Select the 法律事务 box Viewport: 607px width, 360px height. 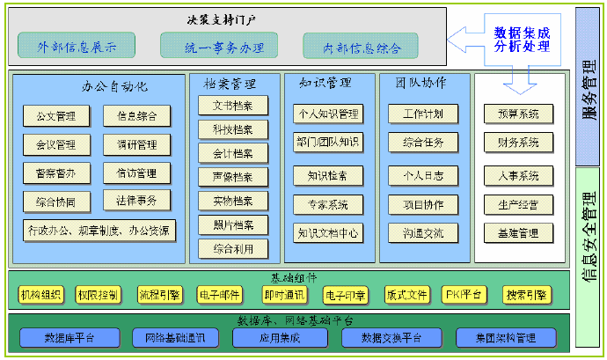tap(136, 201)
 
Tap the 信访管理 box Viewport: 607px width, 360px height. tap(136, 173)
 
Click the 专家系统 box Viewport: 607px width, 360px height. tap(327, 205)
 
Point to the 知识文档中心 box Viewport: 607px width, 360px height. tap(327, 233)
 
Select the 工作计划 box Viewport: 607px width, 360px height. tap(422, 114)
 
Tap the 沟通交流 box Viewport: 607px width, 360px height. tap(422, 233)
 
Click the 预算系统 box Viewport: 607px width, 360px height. tap(518, 114)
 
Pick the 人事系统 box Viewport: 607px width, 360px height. tap(518, 176)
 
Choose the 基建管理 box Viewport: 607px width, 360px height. tap(518, 233)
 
